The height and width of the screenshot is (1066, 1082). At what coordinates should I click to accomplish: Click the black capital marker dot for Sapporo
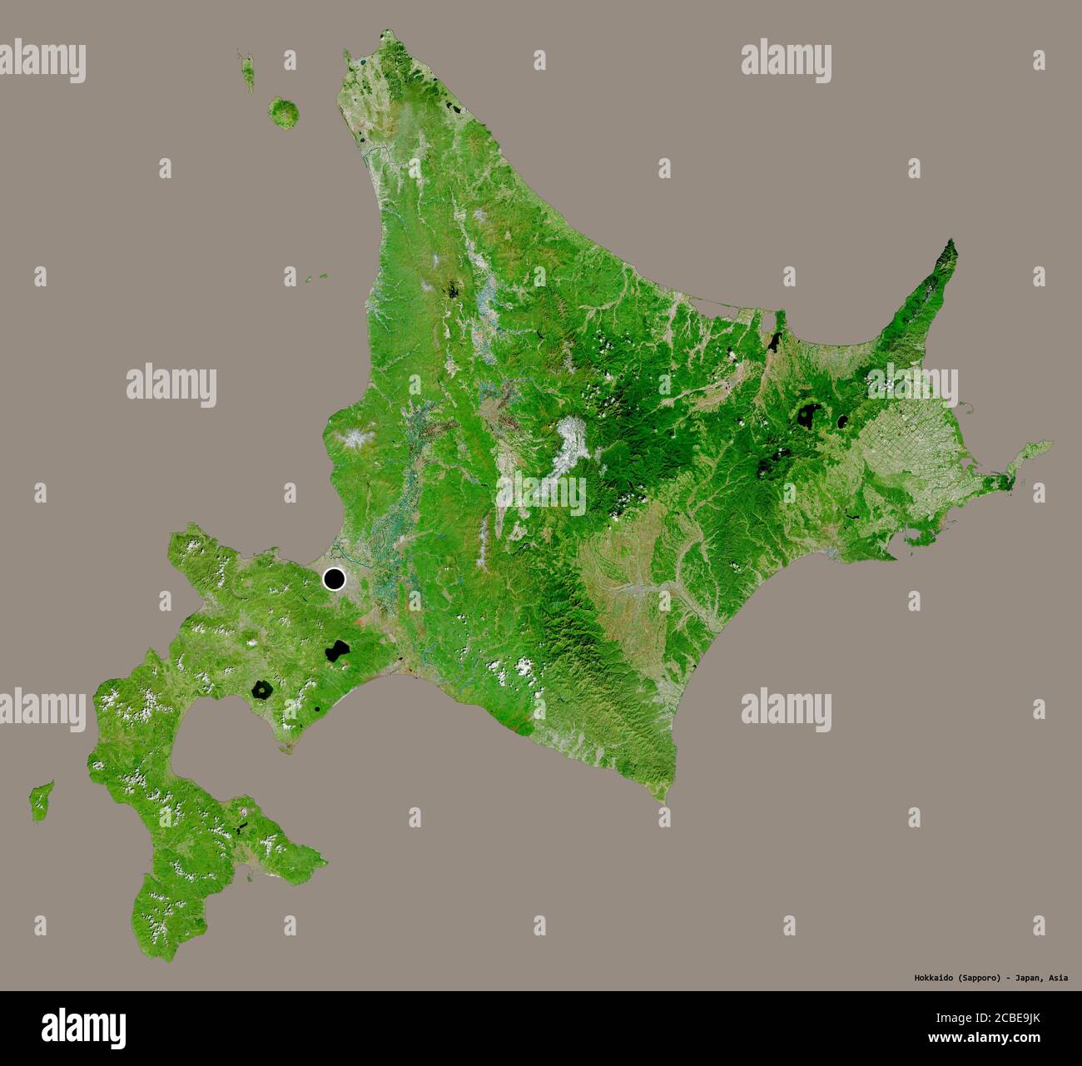click(x=335, y=579)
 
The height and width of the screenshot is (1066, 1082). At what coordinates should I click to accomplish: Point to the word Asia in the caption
click(x=1058, y=978)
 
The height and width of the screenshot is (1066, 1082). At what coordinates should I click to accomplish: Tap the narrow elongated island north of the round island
click(x=247, y=72)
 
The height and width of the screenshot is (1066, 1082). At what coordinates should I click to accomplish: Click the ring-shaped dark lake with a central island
click(x=263, y=690)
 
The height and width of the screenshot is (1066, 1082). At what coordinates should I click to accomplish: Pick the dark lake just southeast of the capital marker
click(x=336, y=650)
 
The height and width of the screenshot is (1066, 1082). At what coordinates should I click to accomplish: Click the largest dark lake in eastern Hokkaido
click(x=807, y=414)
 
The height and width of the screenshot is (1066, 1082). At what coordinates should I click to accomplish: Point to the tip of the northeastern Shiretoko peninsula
click(x=953, y=242)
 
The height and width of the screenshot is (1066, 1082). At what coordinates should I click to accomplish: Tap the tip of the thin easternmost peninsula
click(x=1050, y=444)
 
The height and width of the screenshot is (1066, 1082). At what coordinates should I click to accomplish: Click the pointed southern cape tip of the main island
click(x=665, y=801)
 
